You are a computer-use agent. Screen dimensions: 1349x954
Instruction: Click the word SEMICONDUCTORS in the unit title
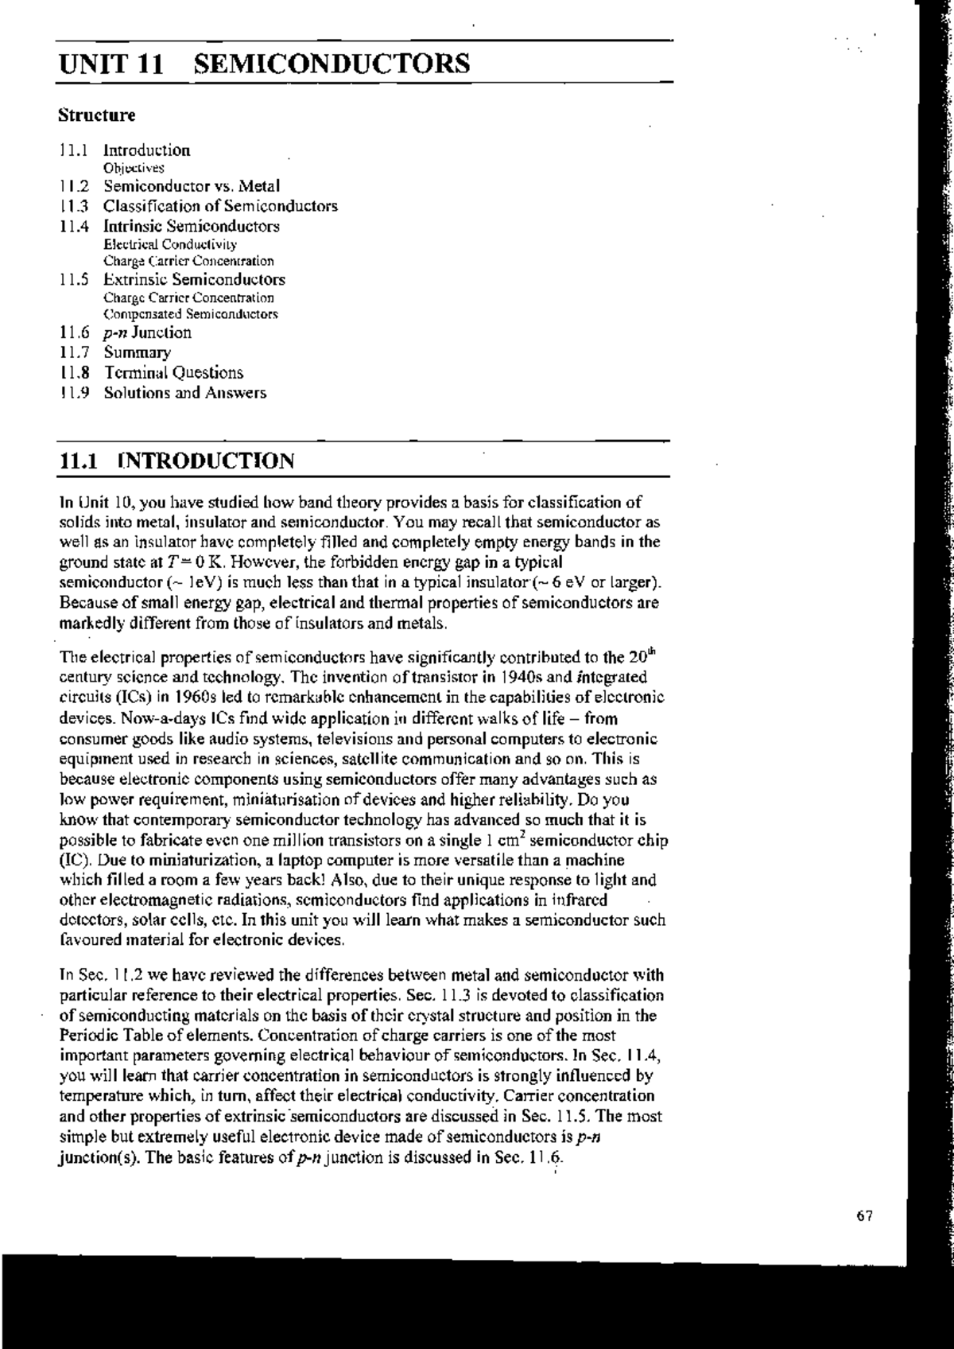[332, 63]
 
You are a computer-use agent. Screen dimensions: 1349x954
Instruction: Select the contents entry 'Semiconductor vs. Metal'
[192, 186]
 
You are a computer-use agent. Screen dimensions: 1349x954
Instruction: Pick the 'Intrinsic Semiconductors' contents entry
[192, 226]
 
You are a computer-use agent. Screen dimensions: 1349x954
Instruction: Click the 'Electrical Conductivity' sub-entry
[169, 244]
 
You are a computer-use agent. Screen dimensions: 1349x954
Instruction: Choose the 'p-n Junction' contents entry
[147, 332]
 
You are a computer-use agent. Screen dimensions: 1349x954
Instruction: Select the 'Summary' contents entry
[137, 352]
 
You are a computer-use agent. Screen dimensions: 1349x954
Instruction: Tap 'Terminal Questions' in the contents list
[173, 372]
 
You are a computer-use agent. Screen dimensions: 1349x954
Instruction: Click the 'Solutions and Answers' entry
[184, 392]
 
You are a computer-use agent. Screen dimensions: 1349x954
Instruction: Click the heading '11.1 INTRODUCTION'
[177, 461]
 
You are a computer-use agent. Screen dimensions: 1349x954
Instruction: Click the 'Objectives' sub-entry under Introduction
[134, 168]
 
